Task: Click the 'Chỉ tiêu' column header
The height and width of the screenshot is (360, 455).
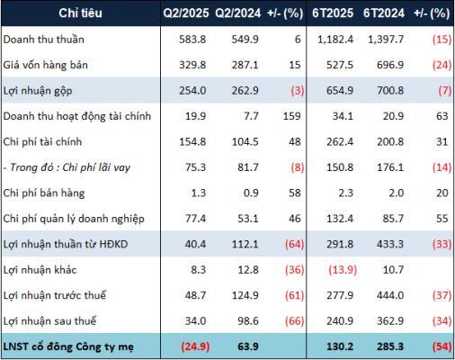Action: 80,13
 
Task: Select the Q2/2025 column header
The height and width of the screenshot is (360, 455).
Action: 186,13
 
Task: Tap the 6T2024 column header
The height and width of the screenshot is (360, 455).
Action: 384,13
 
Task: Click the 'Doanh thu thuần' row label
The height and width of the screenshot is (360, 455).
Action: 43,40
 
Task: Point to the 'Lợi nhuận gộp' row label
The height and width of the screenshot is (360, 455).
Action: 38,91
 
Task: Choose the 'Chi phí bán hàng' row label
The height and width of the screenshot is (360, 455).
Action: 44,193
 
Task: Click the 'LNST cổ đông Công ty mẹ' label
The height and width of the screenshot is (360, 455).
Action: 68,346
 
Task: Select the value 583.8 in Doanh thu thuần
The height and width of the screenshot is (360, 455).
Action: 192,40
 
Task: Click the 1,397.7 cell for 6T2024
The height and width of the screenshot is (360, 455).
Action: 386,40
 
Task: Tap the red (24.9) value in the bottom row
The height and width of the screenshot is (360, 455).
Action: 195,346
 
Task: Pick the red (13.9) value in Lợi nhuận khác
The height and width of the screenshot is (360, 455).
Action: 343,270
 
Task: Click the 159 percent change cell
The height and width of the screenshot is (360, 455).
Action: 291,116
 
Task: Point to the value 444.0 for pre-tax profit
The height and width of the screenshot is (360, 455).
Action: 390,295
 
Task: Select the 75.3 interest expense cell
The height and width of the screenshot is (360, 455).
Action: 195,167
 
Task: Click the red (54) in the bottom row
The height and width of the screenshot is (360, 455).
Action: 442,346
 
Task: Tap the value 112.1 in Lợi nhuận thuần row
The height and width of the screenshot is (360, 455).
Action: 245,244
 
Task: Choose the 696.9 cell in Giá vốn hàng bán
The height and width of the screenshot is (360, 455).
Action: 390,65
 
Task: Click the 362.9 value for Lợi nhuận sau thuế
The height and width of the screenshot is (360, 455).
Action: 390,321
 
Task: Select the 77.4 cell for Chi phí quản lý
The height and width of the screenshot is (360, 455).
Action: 195,219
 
